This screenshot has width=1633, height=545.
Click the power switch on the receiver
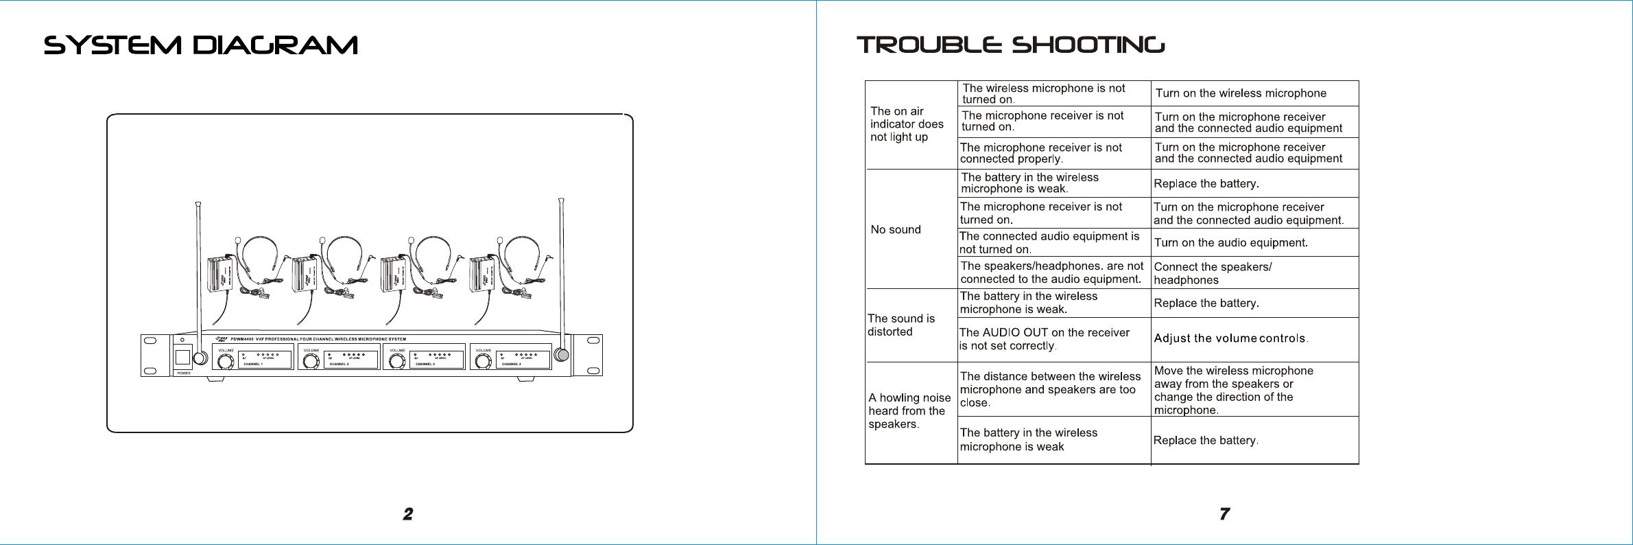(182, 357)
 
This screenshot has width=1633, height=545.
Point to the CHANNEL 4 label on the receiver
(511, 364)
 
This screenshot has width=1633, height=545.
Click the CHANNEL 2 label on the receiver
(339, 364)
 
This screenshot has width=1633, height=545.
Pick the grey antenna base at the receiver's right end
(562, 354)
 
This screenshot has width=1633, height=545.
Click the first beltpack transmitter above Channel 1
(221, 273)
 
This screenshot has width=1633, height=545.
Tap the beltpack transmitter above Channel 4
(481, 273)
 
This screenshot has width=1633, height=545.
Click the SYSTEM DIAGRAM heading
(201, 45)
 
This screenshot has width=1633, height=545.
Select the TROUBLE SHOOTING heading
(1010, 45)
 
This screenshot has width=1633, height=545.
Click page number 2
(408, 514)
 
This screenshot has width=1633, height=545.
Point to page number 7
(1224, 514)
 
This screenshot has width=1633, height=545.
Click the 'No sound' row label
(896, 230)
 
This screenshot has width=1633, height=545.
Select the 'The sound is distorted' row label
(901, 325)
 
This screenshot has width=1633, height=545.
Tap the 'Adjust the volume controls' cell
(1230, 338)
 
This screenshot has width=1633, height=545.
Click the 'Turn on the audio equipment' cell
(1230, 243)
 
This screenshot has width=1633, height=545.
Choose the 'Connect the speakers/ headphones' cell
(1212, 273)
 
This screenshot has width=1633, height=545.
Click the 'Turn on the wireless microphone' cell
(1241, 93)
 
